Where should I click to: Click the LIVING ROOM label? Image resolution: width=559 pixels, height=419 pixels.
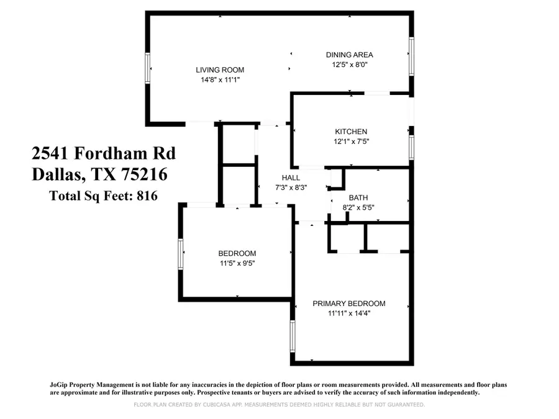coord(220,70)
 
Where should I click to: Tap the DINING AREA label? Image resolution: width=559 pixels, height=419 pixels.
coord(349,55)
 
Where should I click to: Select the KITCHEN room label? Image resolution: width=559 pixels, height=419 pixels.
coord(351,132)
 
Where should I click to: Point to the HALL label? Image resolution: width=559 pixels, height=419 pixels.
coord(291,178)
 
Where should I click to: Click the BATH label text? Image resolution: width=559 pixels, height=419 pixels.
coord(358,198)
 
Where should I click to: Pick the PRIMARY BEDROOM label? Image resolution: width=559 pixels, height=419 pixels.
coord(348,304)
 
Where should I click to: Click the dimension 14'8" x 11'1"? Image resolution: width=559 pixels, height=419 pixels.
coord(220,80)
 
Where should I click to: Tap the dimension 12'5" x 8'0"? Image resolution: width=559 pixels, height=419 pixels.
coord(349,65)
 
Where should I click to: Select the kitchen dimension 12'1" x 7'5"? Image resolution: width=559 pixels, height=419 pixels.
coord(351,142)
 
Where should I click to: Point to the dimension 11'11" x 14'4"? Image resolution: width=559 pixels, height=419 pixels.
coord(349,313)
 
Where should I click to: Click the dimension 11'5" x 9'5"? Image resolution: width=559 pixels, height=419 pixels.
coord(237,263)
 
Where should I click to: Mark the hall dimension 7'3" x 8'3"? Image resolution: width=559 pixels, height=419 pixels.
coord(291,187)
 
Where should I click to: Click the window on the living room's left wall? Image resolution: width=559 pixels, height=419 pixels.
coord(147,68)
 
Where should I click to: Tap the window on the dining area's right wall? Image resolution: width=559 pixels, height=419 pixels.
coord(411,56)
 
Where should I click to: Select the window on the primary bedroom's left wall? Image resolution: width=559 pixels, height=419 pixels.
coord(293,336)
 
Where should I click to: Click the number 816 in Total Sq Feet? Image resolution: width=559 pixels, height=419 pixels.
coord(147,196)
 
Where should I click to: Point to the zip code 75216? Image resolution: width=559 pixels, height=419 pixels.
coord(144,174)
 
